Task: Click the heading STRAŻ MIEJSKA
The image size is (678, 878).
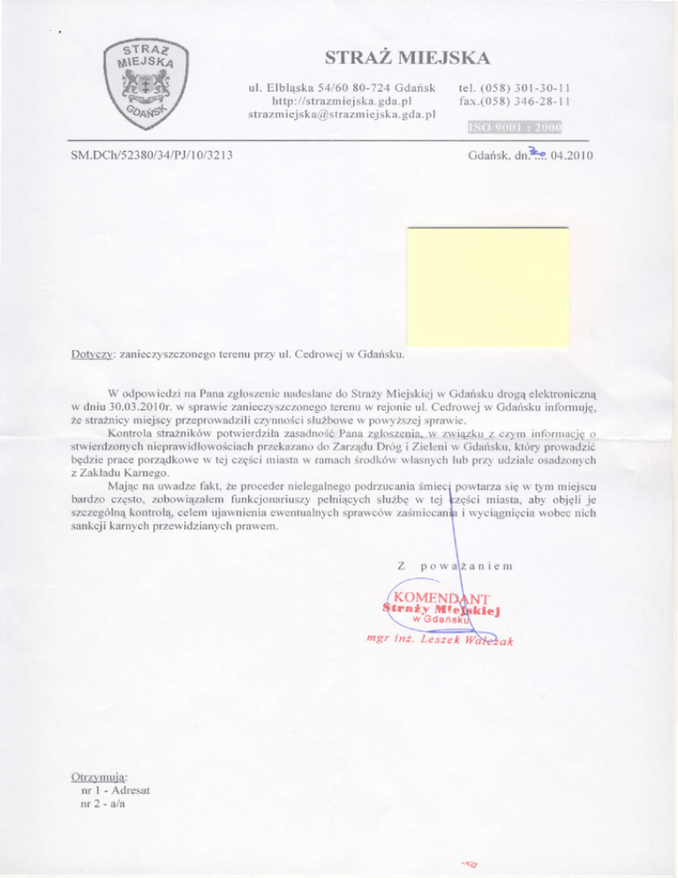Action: [x=407, y=59]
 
